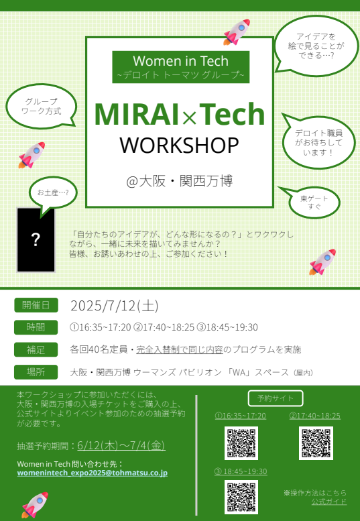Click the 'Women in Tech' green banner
(180, 67)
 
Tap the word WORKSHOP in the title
(180, 146)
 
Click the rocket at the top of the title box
(237, 32)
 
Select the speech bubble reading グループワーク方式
(42, 106)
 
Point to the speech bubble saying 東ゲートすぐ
(312, 202)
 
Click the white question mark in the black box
(36, 239)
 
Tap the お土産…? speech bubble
(52, 194)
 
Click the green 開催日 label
(36, 305)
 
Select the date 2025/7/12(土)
(115, 306)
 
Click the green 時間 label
(36, 327)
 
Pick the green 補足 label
(36, 349)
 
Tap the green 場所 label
(36, 372)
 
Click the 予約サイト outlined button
(276, 398)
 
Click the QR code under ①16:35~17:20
(241, 443)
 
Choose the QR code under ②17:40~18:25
(316, 443)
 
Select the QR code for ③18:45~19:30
(241, 497)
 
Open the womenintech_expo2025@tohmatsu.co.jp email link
(93, 473)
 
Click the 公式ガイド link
(329, 502)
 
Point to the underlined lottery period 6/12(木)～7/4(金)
(121, 446)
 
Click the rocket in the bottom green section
(35, 505)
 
